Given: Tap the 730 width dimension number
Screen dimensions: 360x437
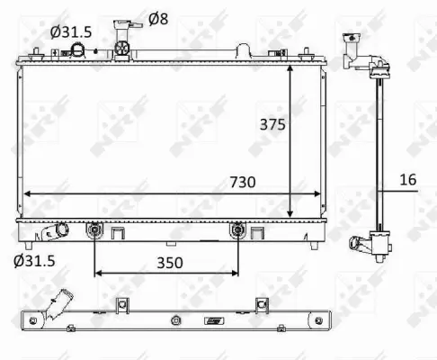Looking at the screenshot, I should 241,182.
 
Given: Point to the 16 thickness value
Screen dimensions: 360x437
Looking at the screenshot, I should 407,180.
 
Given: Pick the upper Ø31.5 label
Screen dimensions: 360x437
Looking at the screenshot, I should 71,31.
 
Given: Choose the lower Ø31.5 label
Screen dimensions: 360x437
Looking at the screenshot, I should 34,262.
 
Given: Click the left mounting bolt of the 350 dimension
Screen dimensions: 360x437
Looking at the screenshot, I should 95,231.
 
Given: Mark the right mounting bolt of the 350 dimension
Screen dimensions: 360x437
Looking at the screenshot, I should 238,231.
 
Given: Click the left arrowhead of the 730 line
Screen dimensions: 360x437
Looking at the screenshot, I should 27,193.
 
